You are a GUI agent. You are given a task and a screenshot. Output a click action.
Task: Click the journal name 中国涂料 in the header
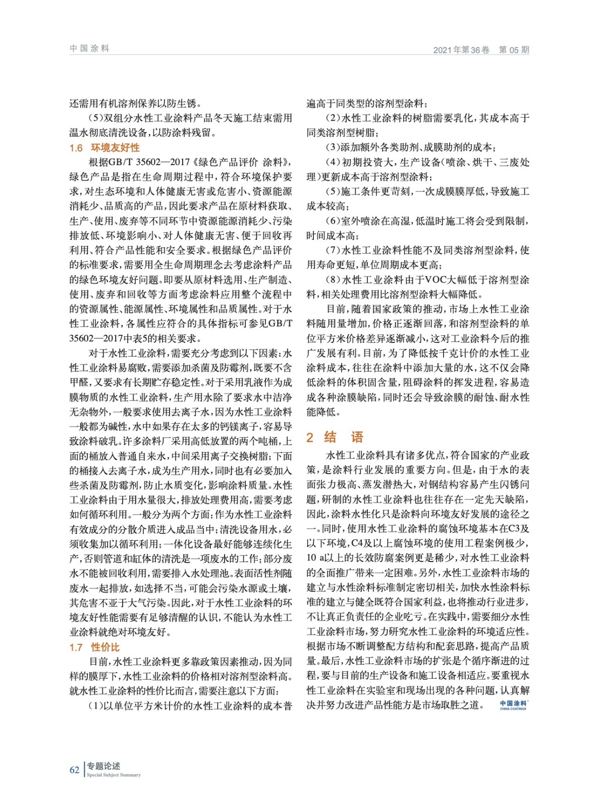pyautogui.click(x=89, y=48)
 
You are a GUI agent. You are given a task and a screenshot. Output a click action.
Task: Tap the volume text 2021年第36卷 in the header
pyautogui.click(x=461, y=49)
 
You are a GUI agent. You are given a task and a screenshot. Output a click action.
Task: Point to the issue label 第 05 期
pyautogui.click(x=514, y=49)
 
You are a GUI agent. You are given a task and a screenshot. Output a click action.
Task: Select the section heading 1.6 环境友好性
pyautogui.click(x=104, y=147)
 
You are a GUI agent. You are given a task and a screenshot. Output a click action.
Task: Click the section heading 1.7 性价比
pyautogui.click(x=94, y=647)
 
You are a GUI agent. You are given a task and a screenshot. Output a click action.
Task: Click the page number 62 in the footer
pyautogui.click(x=74, y=770)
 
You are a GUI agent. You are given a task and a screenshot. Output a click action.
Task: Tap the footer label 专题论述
pyautogui.click(x=103, y=766)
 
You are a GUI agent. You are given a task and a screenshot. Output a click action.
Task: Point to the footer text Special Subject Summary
pyautogui.click(x=114, y=775)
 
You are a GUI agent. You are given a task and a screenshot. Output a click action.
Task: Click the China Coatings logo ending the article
pyautogui.click(x=513, y=705)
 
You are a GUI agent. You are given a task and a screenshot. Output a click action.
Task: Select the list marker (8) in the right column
pyautogui.click(x=333, y=280)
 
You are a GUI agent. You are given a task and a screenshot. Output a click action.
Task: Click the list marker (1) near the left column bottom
pyautogui.click(x=96, y=705)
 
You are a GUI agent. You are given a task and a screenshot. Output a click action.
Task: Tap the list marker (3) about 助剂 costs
pyautogui.click(x=333, y=147)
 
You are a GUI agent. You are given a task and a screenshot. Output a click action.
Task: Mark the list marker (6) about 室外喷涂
pyautogui.click(x=333, y=221)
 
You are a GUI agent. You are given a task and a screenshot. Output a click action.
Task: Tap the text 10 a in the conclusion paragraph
pyautogui.click(x=318, y=558)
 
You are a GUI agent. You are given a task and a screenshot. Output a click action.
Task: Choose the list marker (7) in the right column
pyautogui.click(x=333, y=250)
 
